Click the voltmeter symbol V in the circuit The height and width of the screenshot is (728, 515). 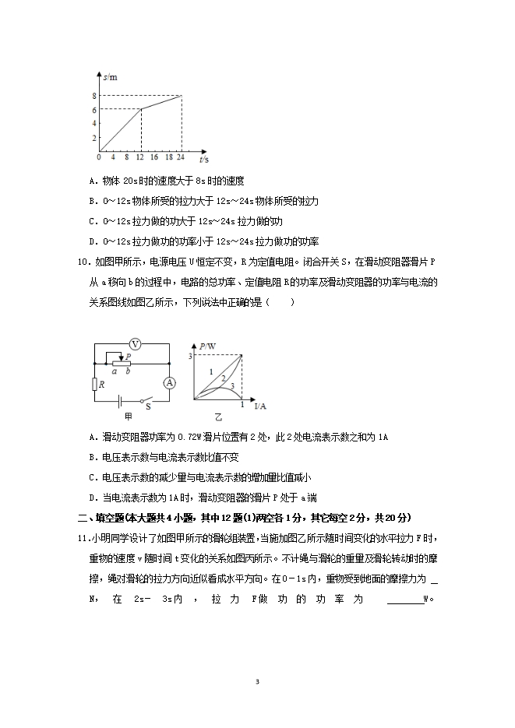pos(134,343)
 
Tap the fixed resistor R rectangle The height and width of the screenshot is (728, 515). pos(94,383)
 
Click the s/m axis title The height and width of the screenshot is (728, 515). pos(110,77)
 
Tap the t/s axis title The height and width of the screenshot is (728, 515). pos(203,159)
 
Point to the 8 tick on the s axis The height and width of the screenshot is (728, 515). pos(93,96)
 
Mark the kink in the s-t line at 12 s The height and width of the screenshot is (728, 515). pos(141,109)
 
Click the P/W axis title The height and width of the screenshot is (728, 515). pos(206,346)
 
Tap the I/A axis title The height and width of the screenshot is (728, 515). pos(260,406)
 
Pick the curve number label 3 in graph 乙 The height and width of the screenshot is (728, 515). pos(232,385)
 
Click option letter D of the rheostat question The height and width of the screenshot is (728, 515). pos(92,498)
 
